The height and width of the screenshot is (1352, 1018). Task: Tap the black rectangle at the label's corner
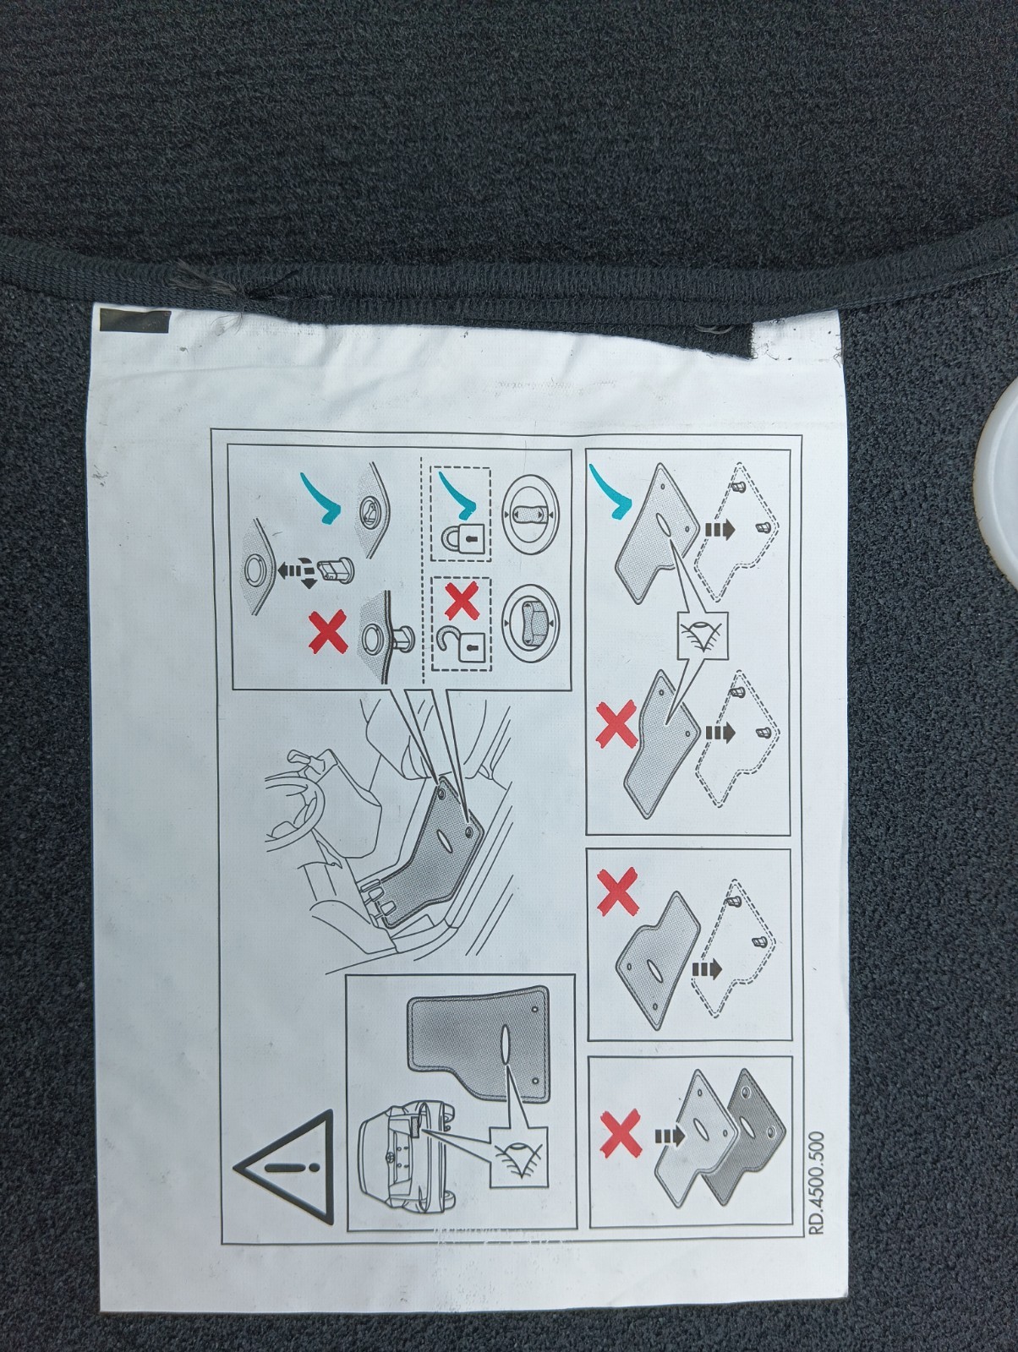click(x=134, y=322)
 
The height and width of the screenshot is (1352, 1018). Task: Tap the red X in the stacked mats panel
click(x=620, y=1134)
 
